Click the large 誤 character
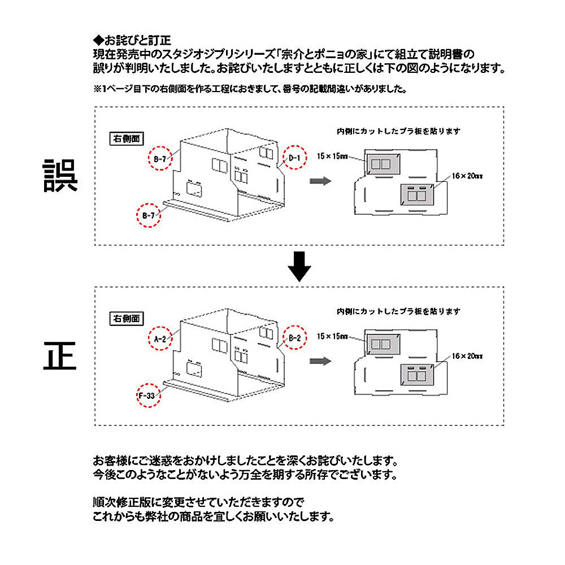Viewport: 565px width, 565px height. click(x=61, y=176)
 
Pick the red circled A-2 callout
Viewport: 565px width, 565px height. click(x=160, y=339)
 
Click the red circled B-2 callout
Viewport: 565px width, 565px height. click(x=294, y=338)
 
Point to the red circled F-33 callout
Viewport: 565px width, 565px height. click(x=149, y=395)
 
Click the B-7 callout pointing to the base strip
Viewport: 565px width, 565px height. click(x=149, y=215)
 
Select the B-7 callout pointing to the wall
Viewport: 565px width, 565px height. click(x=160, y=159)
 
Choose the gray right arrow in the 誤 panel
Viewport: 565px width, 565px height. click(x=320, y=180)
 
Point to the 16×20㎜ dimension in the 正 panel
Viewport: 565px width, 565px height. click(x=467, y=357)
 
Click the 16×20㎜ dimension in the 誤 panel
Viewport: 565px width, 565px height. click(x=467, y=176)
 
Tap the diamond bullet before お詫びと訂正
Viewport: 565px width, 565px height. click(x=98, y=41)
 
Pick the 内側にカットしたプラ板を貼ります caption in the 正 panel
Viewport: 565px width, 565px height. click(x=398, y=311)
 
